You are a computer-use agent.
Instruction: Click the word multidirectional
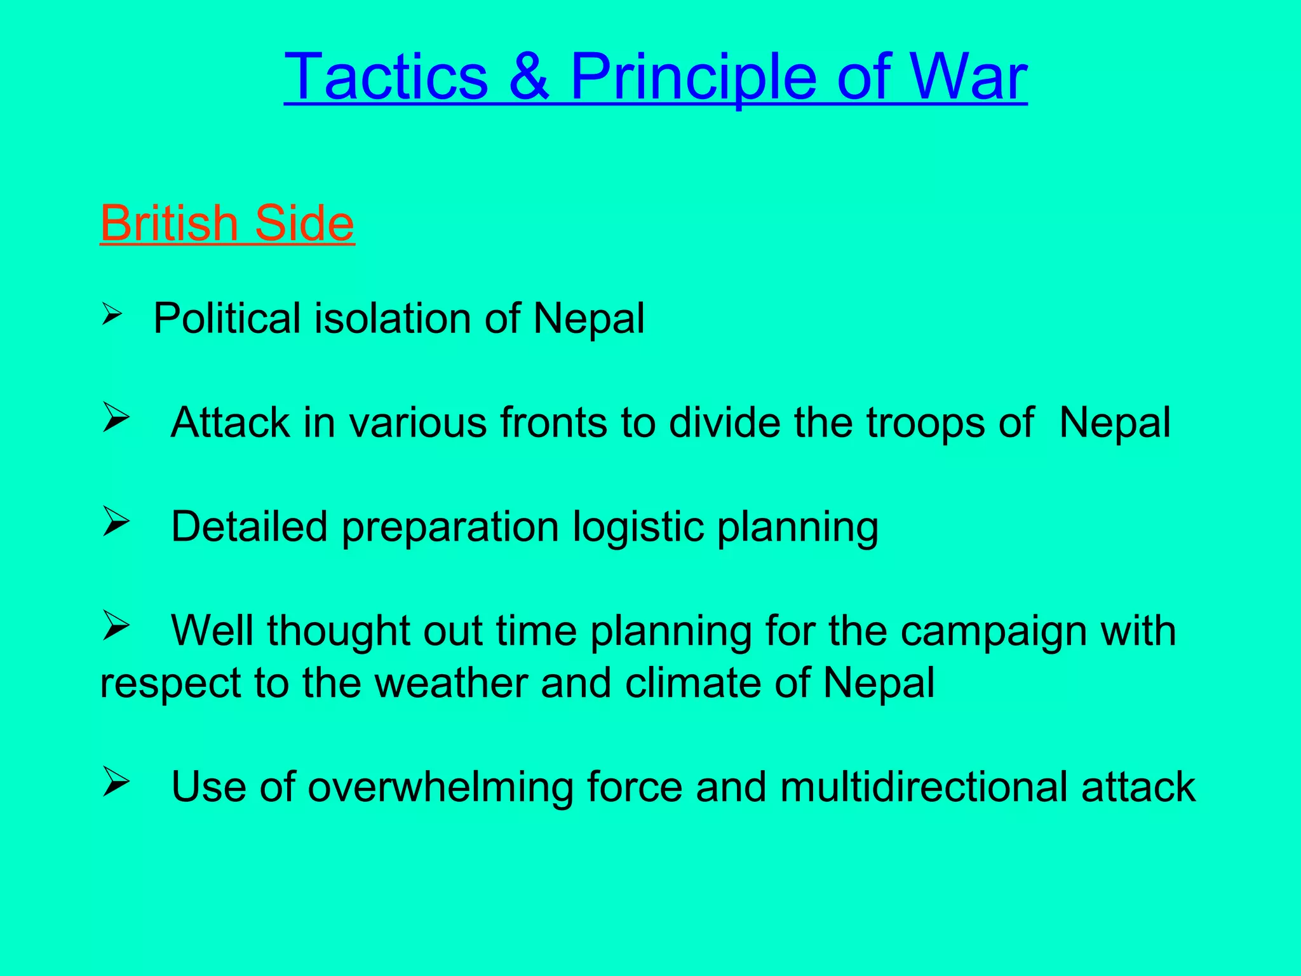click(924, 787)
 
